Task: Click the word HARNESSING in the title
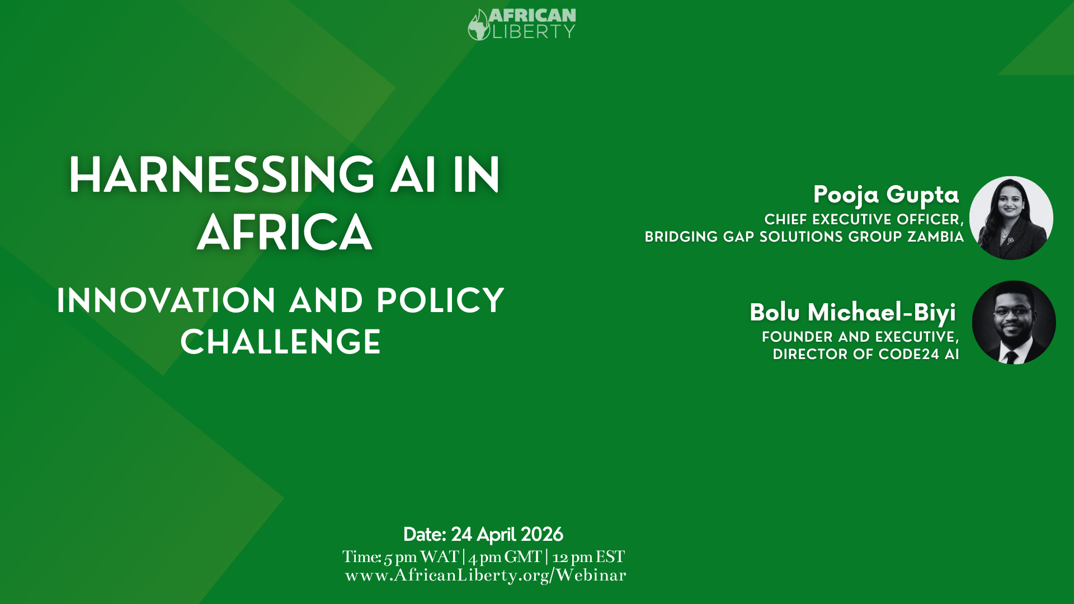click(222, 176)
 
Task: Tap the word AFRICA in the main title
click(284, 233)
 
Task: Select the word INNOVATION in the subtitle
click(166, 301)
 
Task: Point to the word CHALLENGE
click(281, 342)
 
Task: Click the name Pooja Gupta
click(886, 195)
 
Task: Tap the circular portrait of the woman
click(1011, 218)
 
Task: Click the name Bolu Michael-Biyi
click(853, 312)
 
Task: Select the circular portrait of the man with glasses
click(1014, 323)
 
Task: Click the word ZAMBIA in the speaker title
click(936, 237)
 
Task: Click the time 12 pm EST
click(588, 557)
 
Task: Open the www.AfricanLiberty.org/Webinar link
click(486, 575)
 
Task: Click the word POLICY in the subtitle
click(440, 301)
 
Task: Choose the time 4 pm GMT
click(505, 557)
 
